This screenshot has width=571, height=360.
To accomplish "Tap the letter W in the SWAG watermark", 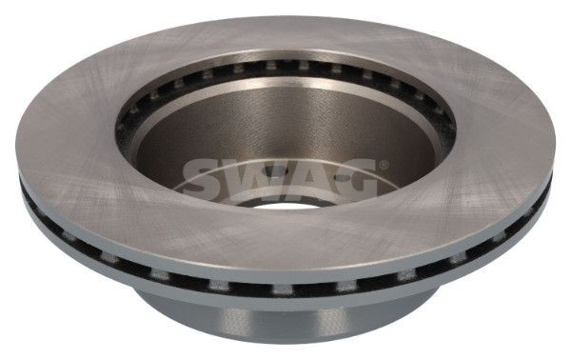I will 250,175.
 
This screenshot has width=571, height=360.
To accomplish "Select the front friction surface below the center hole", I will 285,248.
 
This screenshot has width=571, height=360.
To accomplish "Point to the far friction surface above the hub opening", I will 285,38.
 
